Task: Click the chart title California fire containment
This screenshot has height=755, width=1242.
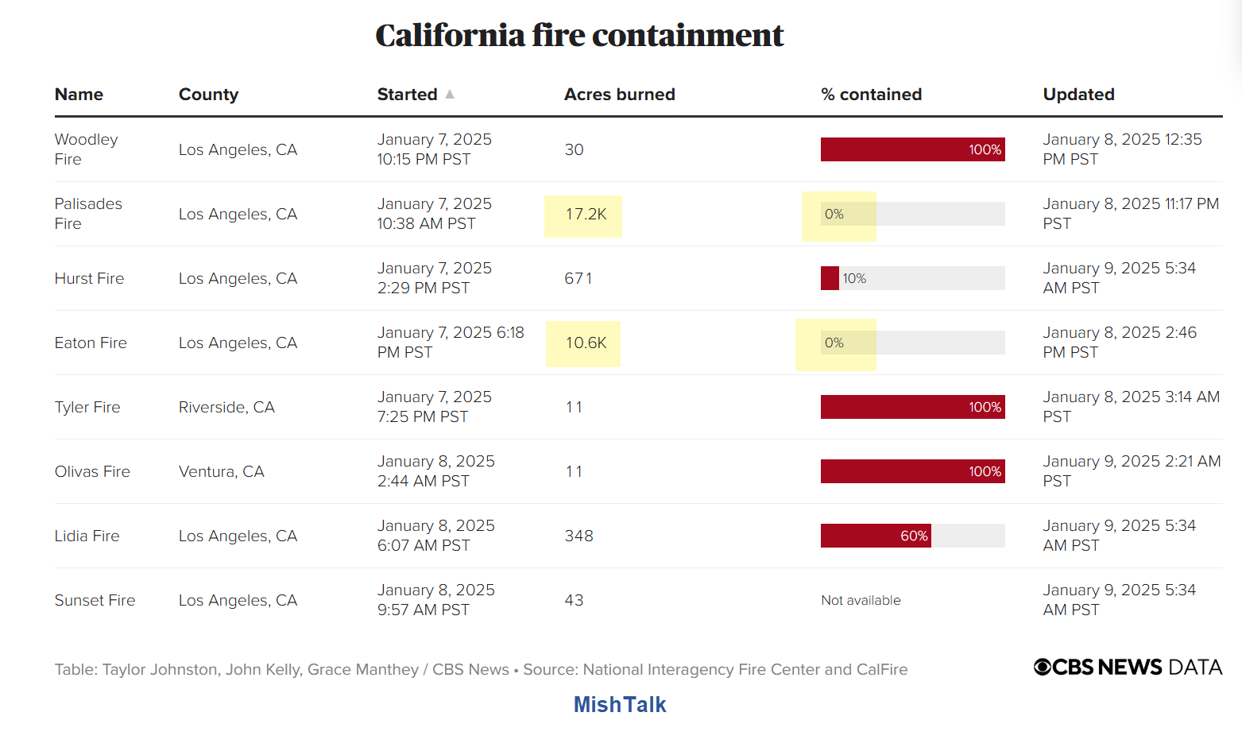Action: [579, 36]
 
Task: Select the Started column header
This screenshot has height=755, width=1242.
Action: [407, 95]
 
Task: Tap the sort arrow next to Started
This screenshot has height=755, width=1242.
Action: [450, 94]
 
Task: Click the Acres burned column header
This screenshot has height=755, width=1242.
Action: [619, 95]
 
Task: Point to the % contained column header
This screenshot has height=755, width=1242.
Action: [871, 95]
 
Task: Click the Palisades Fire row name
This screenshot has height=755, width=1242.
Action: [88, 214]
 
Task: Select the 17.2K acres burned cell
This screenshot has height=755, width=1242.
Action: [586, 215]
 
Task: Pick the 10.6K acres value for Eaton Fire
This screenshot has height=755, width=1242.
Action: [586, 343]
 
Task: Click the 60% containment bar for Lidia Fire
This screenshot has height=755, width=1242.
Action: [876, 536]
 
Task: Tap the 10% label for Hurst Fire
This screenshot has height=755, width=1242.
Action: [854, 279]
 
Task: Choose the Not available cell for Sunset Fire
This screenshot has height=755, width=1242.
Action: [861, 601]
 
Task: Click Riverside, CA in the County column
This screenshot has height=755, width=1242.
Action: [226, 408]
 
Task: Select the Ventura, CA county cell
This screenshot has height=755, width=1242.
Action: [221, 472]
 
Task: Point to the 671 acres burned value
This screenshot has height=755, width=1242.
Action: [578, 279]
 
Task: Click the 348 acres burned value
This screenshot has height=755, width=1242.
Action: [578, 536]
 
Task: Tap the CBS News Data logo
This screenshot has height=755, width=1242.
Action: [1128, 668]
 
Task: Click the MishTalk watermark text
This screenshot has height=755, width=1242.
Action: [620, 705]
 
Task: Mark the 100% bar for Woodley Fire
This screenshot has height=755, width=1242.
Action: [912, 149]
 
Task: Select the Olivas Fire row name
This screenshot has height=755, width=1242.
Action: [92, 472]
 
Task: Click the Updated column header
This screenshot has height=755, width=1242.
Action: [1078, 95]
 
